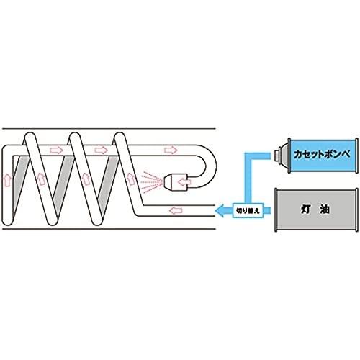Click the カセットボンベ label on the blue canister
(x=322, y=154)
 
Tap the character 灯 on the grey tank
(x=306, y=210)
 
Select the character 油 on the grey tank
(x=324, y=210)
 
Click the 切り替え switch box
(x=248, y=210)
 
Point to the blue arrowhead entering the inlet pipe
(x=220, y=211)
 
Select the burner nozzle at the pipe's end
(x=176, y=182)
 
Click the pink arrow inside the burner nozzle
(x=185, y=182)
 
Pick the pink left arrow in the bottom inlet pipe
(x=176, y=211)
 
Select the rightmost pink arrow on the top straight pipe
(x=171, y=150)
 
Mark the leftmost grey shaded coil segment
(x=20, y=182)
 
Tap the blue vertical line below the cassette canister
(x=248, y=179)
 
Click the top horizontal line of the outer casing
(x=109, y=129)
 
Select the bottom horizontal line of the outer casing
(x=109, y=229)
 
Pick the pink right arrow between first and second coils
(x=56, y=150)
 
